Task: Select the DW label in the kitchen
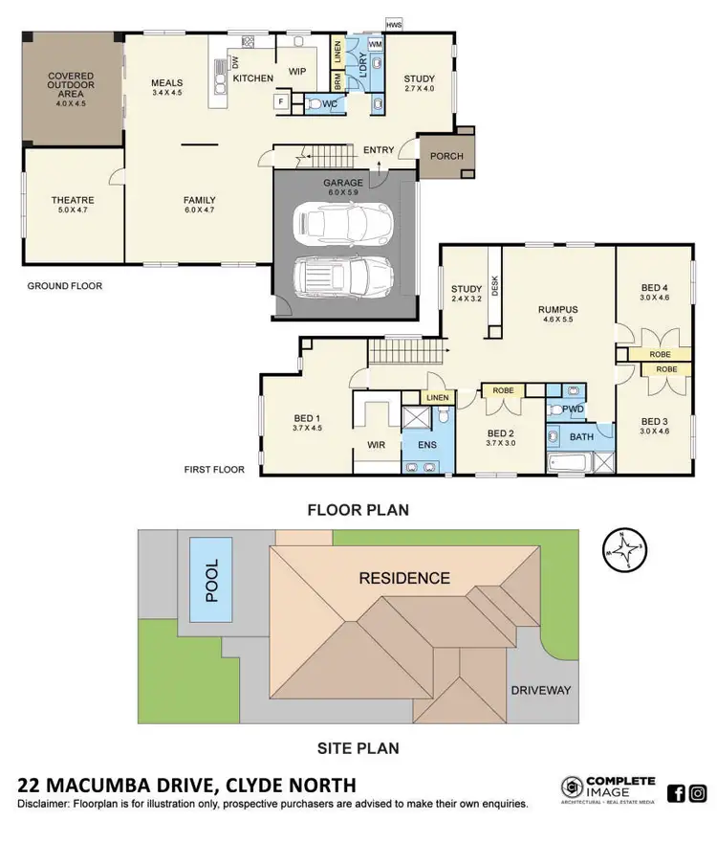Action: point(235,63)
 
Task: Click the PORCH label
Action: point(445,156)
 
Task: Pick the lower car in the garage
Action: point(330,277)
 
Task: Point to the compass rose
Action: point(622,551)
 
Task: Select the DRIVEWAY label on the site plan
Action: point(540,690)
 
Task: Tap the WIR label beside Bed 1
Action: point(376,444)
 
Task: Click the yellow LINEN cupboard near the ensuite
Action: point(436,397)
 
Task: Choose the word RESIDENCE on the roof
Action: point(403,578)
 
